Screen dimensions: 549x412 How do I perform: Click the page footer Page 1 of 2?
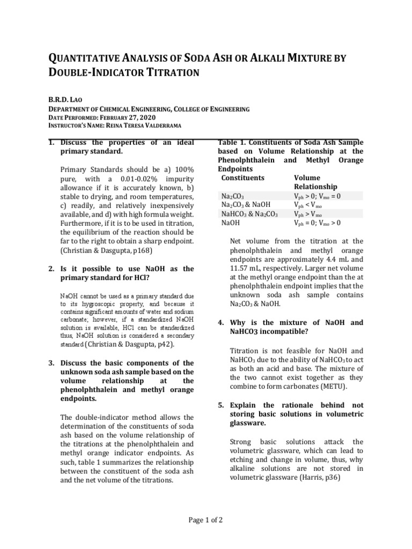pyautogui.click(x=205, y=520)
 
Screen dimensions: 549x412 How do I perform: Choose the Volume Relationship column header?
pyautogui.click(x=315, y=182)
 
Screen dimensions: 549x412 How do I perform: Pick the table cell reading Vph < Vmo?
pyautogui.click(x=311, y=205)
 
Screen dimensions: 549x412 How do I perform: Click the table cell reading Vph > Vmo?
pyautogui.click(x=311, y=213)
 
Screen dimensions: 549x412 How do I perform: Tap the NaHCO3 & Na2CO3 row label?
pyautogui.click(x=249, y=213)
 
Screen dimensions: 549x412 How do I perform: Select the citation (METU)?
pyautogui.click(x=333, y=386)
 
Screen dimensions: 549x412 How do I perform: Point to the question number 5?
pyautogui.click(x=220, y=405)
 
